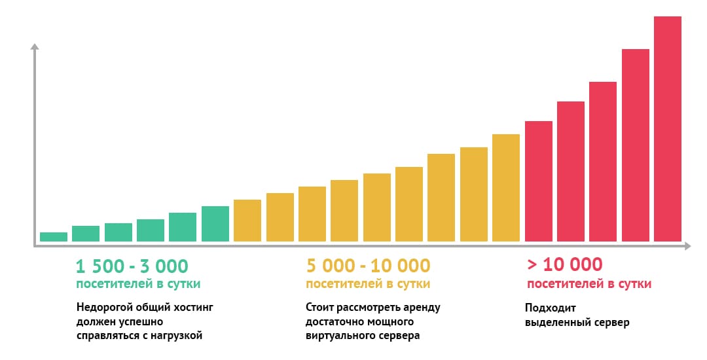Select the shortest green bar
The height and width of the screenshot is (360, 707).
click(x=54, y=237)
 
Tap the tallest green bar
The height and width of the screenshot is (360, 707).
click(x=215, y=224)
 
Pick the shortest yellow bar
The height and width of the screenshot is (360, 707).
click(x=247, y=221)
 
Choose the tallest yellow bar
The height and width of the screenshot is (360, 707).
click(x=506, y=188)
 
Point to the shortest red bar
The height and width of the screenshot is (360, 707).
click(x=539, y=181)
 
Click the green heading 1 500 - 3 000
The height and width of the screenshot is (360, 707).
click(x=132, y=266)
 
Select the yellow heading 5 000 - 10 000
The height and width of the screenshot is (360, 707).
click(x=368, y=266)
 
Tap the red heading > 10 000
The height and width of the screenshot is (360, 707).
click(x=564, y=264)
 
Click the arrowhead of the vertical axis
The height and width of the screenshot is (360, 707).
click(x=35, y=46)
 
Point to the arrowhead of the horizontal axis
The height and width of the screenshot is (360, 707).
click(x=687, y=247)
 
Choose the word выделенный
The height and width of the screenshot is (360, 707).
click(x=556, y=322)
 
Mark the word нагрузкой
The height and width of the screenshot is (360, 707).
click(x=175, y=336)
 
